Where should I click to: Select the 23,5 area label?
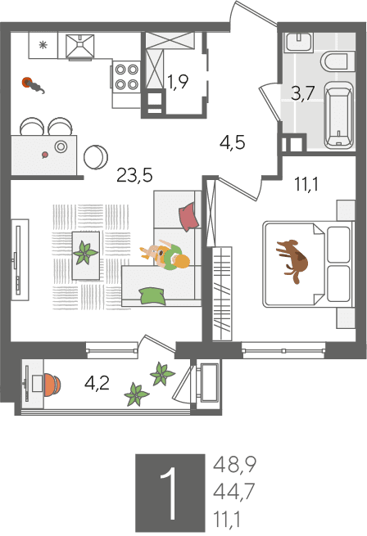[134, 175]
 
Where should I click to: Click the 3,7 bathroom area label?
[302, 93]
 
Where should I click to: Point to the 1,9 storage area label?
[178, 82]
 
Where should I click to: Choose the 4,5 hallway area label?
[233, 142]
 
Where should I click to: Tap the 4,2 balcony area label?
[97, 383]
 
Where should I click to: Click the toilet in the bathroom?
[338, 62]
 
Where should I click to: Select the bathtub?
[338, 115]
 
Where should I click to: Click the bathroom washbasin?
[298, 43]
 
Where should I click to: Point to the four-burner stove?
[126, 77]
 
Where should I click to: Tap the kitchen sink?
[79, 47]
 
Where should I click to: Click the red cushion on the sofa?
[189, 217]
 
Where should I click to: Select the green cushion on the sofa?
[152, 295]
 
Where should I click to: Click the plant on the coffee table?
[85, 253]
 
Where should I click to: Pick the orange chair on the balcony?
[52, 385]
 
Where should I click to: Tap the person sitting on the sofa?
[166, 255]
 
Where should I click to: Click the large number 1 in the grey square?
[169, 493]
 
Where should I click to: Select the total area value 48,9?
[234, 465]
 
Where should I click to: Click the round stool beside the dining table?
[96, 157]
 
